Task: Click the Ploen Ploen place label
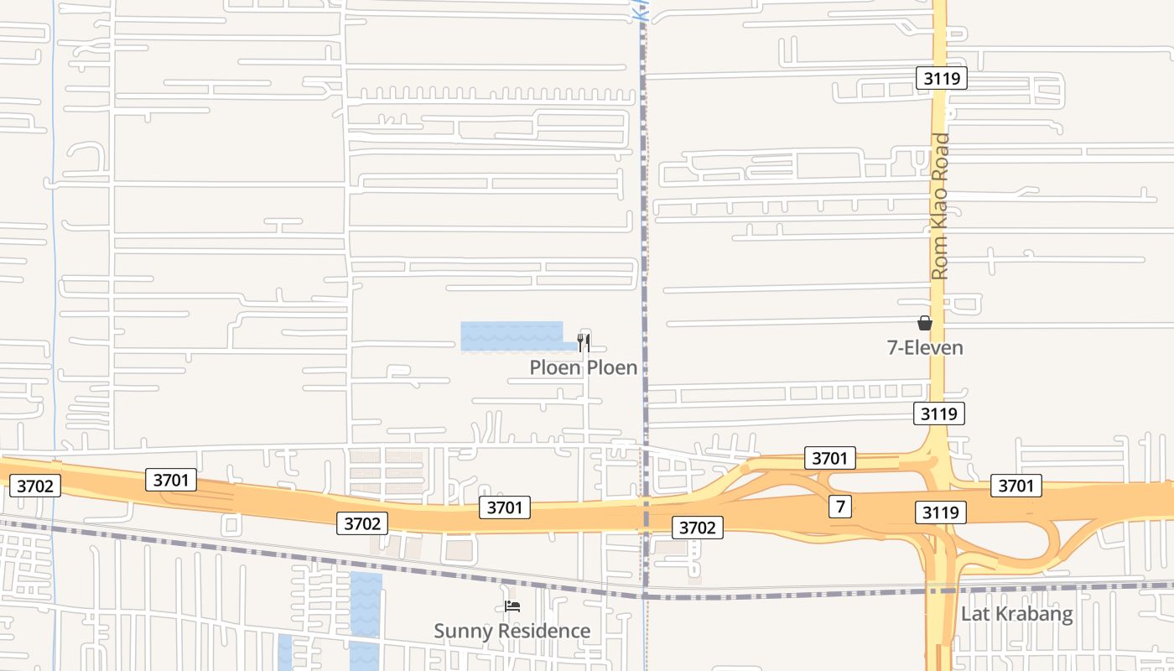click(583, 367)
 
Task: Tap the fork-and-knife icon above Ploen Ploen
click(584, 342)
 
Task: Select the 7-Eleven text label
click(925, 347)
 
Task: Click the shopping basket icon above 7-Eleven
click(925, 323)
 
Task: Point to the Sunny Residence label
click(512, 631)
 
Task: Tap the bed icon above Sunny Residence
click(512, 606)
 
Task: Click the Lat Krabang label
click(1016, 613)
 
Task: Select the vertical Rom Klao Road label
click(940, 206)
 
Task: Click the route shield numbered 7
click(839, 507)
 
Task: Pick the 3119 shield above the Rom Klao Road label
click(942, 79)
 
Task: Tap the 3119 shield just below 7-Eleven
click(939, 414)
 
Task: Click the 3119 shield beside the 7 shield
click(941, 512)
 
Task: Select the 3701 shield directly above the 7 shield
click(830, 458)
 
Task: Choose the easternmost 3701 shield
click(1016, 486)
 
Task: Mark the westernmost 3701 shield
click(171, 480)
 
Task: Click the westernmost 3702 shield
click(35, 486)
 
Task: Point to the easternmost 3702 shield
click(697, 527)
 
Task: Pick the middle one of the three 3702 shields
click(362, 523)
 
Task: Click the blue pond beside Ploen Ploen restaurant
click(512, 335)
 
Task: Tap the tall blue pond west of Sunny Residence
click(366, 616)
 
